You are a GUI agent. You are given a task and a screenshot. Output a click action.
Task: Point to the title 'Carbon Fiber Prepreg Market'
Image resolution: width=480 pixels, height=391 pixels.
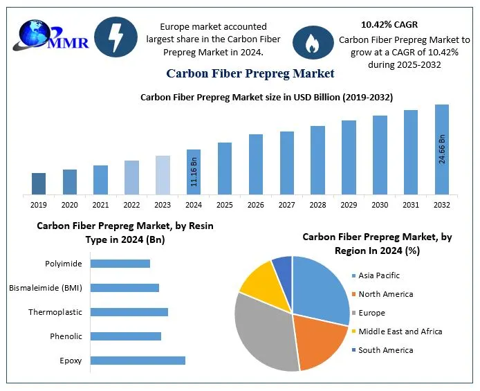pos(250,73)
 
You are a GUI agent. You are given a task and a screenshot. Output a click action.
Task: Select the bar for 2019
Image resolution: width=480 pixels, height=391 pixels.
pos(39,183)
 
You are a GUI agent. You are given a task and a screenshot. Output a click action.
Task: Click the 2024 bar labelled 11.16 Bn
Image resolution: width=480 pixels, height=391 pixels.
pos(194,172)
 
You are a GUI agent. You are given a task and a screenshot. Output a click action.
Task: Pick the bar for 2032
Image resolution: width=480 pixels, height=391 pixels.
pos(441,149)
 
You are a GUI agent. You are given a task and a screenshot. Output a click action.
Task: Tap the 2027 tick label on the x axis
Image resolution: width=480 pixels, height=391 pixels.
pos(286,205)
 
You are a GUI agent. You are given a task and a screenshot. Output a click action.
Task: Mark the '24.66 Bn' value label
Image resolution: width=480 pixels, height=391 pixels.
pos(442,149)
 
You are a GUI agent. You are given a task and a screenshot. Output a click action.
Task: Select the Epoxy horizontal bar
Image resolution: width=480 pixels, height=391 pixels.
pos(138,360)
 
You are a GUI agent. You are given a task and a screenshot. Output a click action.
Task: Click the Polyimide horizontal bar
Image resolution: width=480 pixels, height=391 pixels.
pos(120,263)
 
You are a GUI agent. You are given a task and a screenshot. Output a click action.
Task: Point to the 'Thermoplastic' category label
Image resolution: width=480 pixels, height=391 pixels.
pos(55,312)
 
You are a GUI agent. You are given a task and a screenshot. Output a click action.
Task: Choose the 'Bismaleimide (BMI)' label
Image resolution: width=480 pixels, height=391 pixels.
pos(45,288)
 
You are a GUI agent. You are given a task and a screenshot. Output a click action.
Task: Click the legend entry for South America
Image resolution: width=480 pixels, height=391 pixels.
pos(385,350)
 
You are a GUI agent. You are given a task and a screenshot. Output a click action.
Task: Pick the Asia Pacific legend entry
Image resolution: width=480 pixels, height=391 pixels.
pos(379,275)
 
